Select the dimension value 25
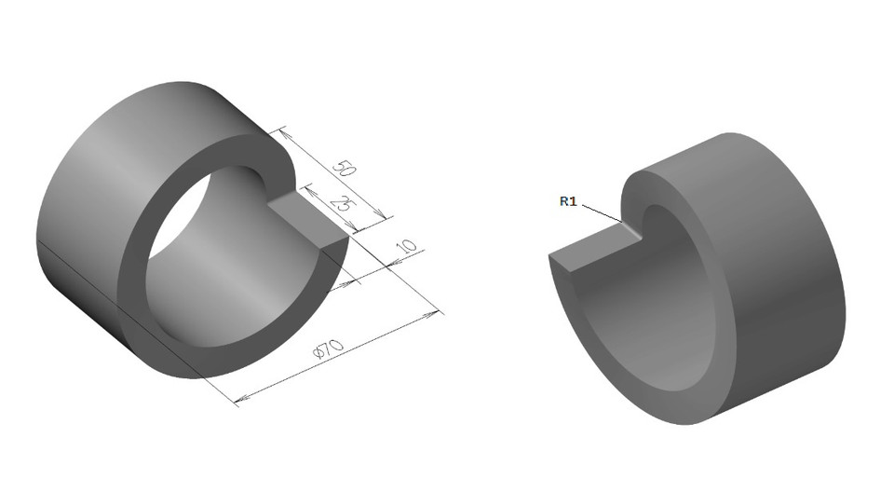point(341,204)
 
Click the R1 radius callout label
point(568,200)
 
